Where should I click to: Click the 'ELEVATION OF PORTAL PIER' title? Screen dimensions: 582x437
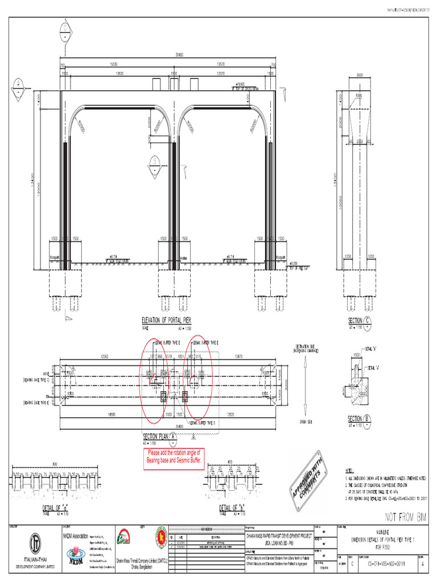[170, 320]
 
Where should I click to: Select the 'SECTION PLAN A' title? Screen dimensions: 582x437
[160, 435]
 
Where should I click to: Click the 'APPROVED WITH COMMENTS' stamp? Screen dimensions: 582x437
[311, 474]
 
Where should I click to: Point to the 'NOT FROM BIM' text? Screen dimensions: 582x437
[406, 517]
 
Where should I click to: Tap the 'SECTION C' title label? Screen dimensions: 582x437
[359, 321]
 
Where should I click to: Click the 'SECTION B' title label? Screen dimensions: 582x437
[359, 419]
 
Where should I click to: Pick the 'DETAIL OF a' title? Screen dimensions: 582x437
[55, 508]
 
